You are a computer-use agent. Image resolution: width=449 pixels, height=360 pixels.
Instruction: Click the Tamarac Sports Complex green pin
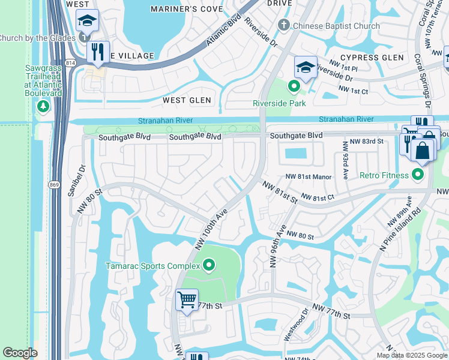[209, 265]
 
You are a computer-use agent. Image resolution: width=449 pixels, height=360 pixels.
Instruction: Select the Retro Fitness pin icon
[418, 175]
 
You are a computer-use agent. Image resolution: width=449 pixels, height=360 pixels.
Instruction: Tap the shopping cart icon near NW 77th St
[187, 299]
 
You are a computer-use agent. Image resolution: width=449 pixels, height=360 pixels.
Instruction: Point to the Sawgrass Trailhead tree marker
[43, 107]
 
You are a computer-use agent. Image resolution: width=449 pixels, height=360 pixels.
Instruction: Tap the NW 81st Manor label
[309, 176]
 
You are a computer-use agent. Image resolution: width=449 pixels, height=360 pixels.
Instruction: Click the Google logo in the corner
[20, 353]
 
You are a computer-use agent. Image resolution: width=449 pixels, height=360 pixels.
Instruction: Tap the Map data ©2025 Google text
[412, 355]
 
